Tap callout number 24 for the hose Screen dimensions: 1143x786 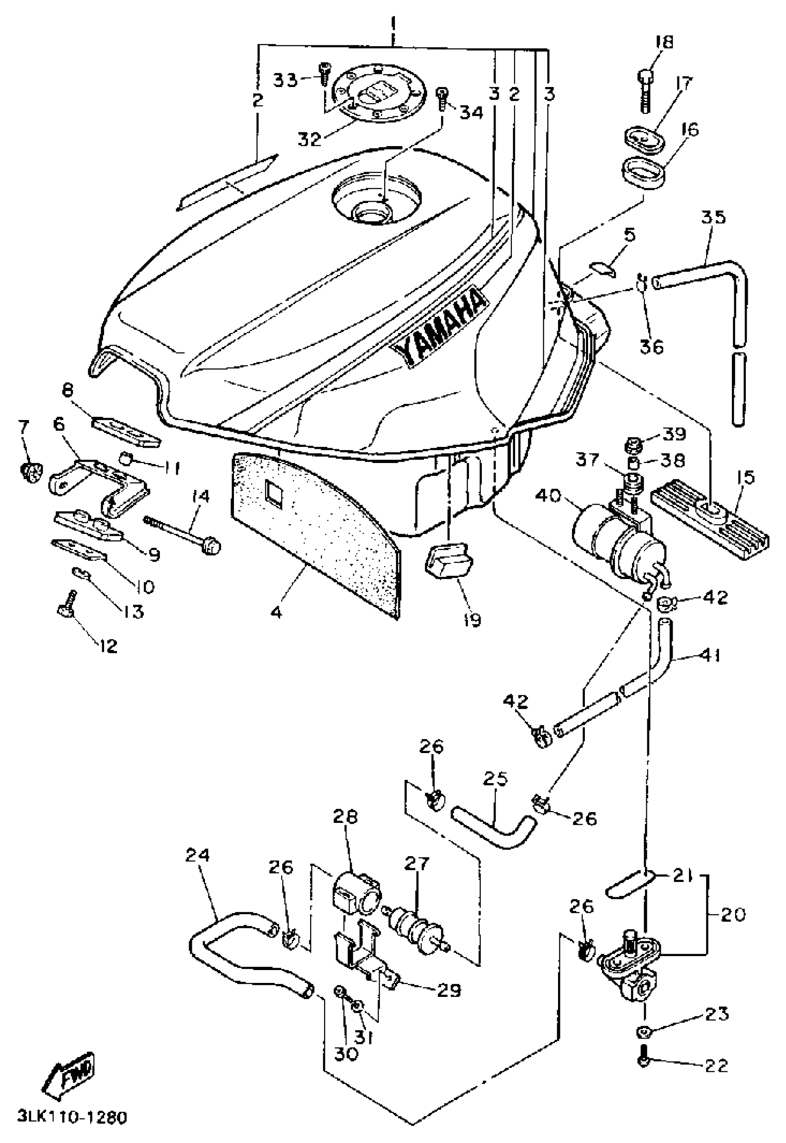click(197, 855)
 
